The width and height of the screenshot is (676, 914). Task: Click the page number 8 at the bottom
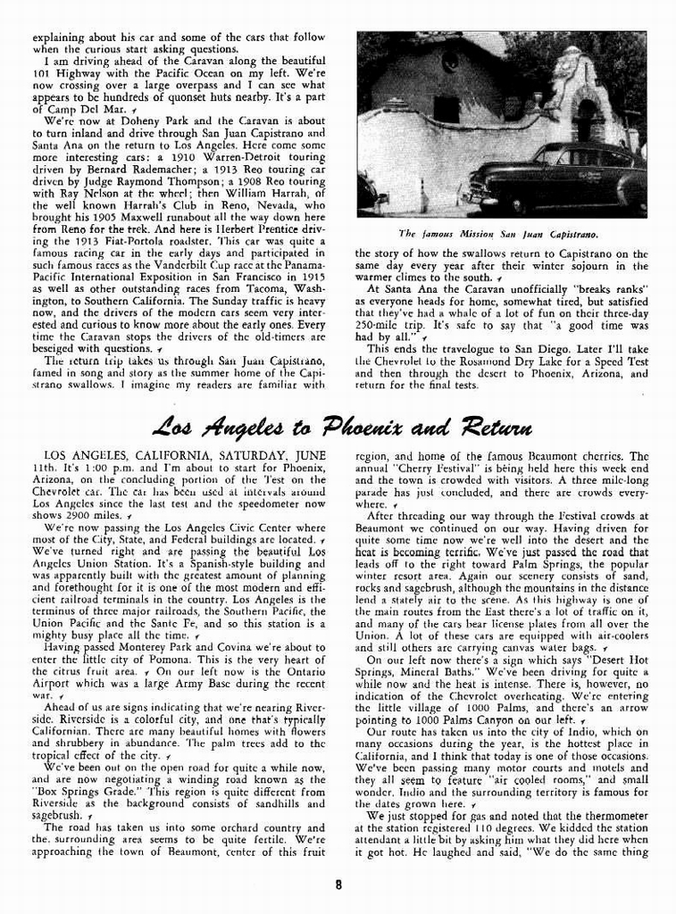click(338, 885)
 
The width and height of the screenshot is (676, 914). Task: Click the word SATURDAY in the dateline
click(249, 454)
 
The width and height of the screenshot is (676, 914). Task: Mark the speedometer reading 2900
click(74, 516)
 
